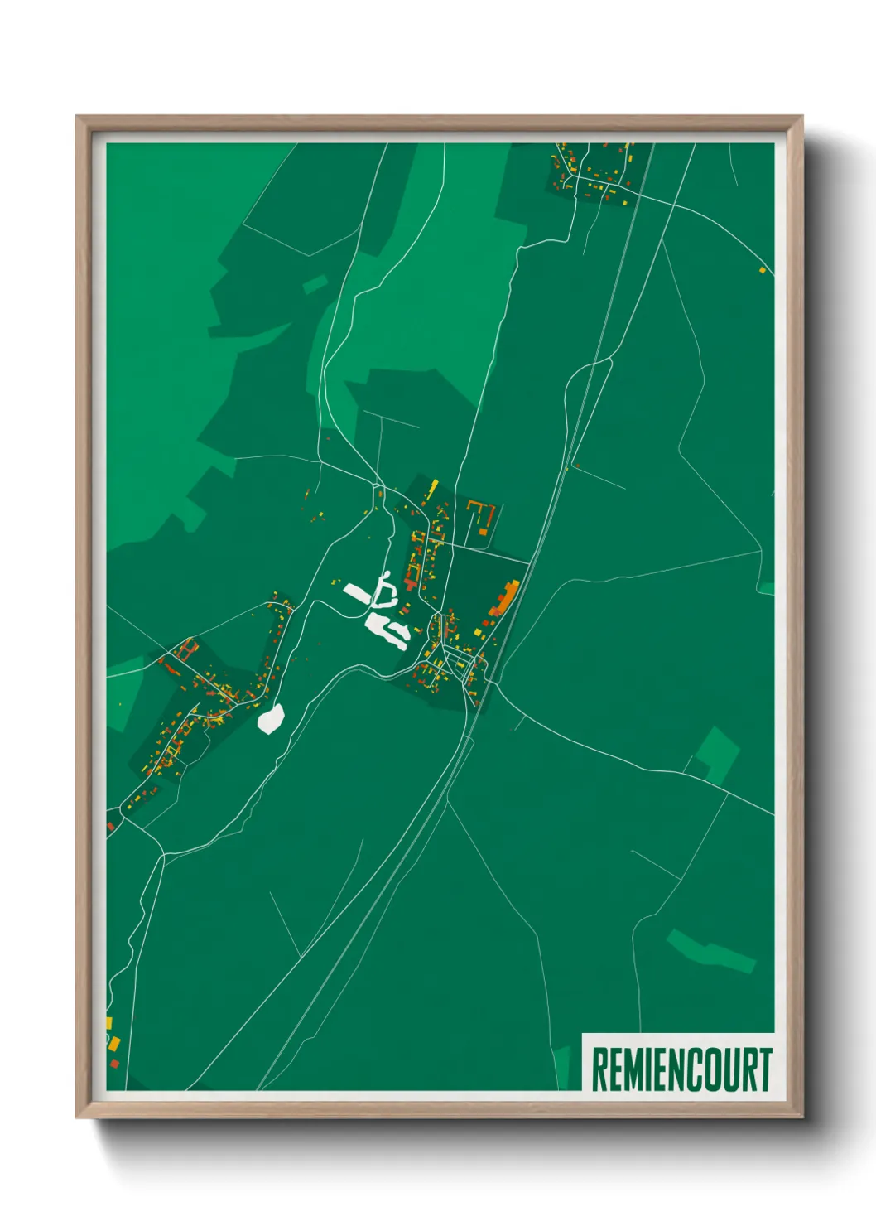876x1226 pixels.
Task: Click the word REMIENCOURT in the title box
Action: (x=681, y=1069)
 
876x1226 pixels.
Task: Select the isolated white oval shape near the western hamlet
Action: (x=271, y=718)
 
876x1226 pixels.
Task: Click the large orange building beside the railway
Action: (x=505, y=599)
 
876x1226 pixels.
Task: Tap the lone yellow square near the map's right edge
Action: (x=763, y=269)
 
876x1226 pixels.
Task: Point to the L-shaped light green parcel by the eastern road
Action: (x=716, y=753)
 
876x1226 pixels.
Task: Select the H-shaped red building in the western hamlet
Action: (x=187, y=649)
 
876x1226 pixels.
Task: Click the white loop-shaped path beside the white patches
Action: (x=384, y=589)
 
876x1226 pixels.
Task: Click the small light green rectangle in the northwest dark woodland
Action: (x=315, y=285)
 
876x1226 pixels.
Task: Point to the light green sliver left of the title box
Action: (x=563, y=1068)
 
